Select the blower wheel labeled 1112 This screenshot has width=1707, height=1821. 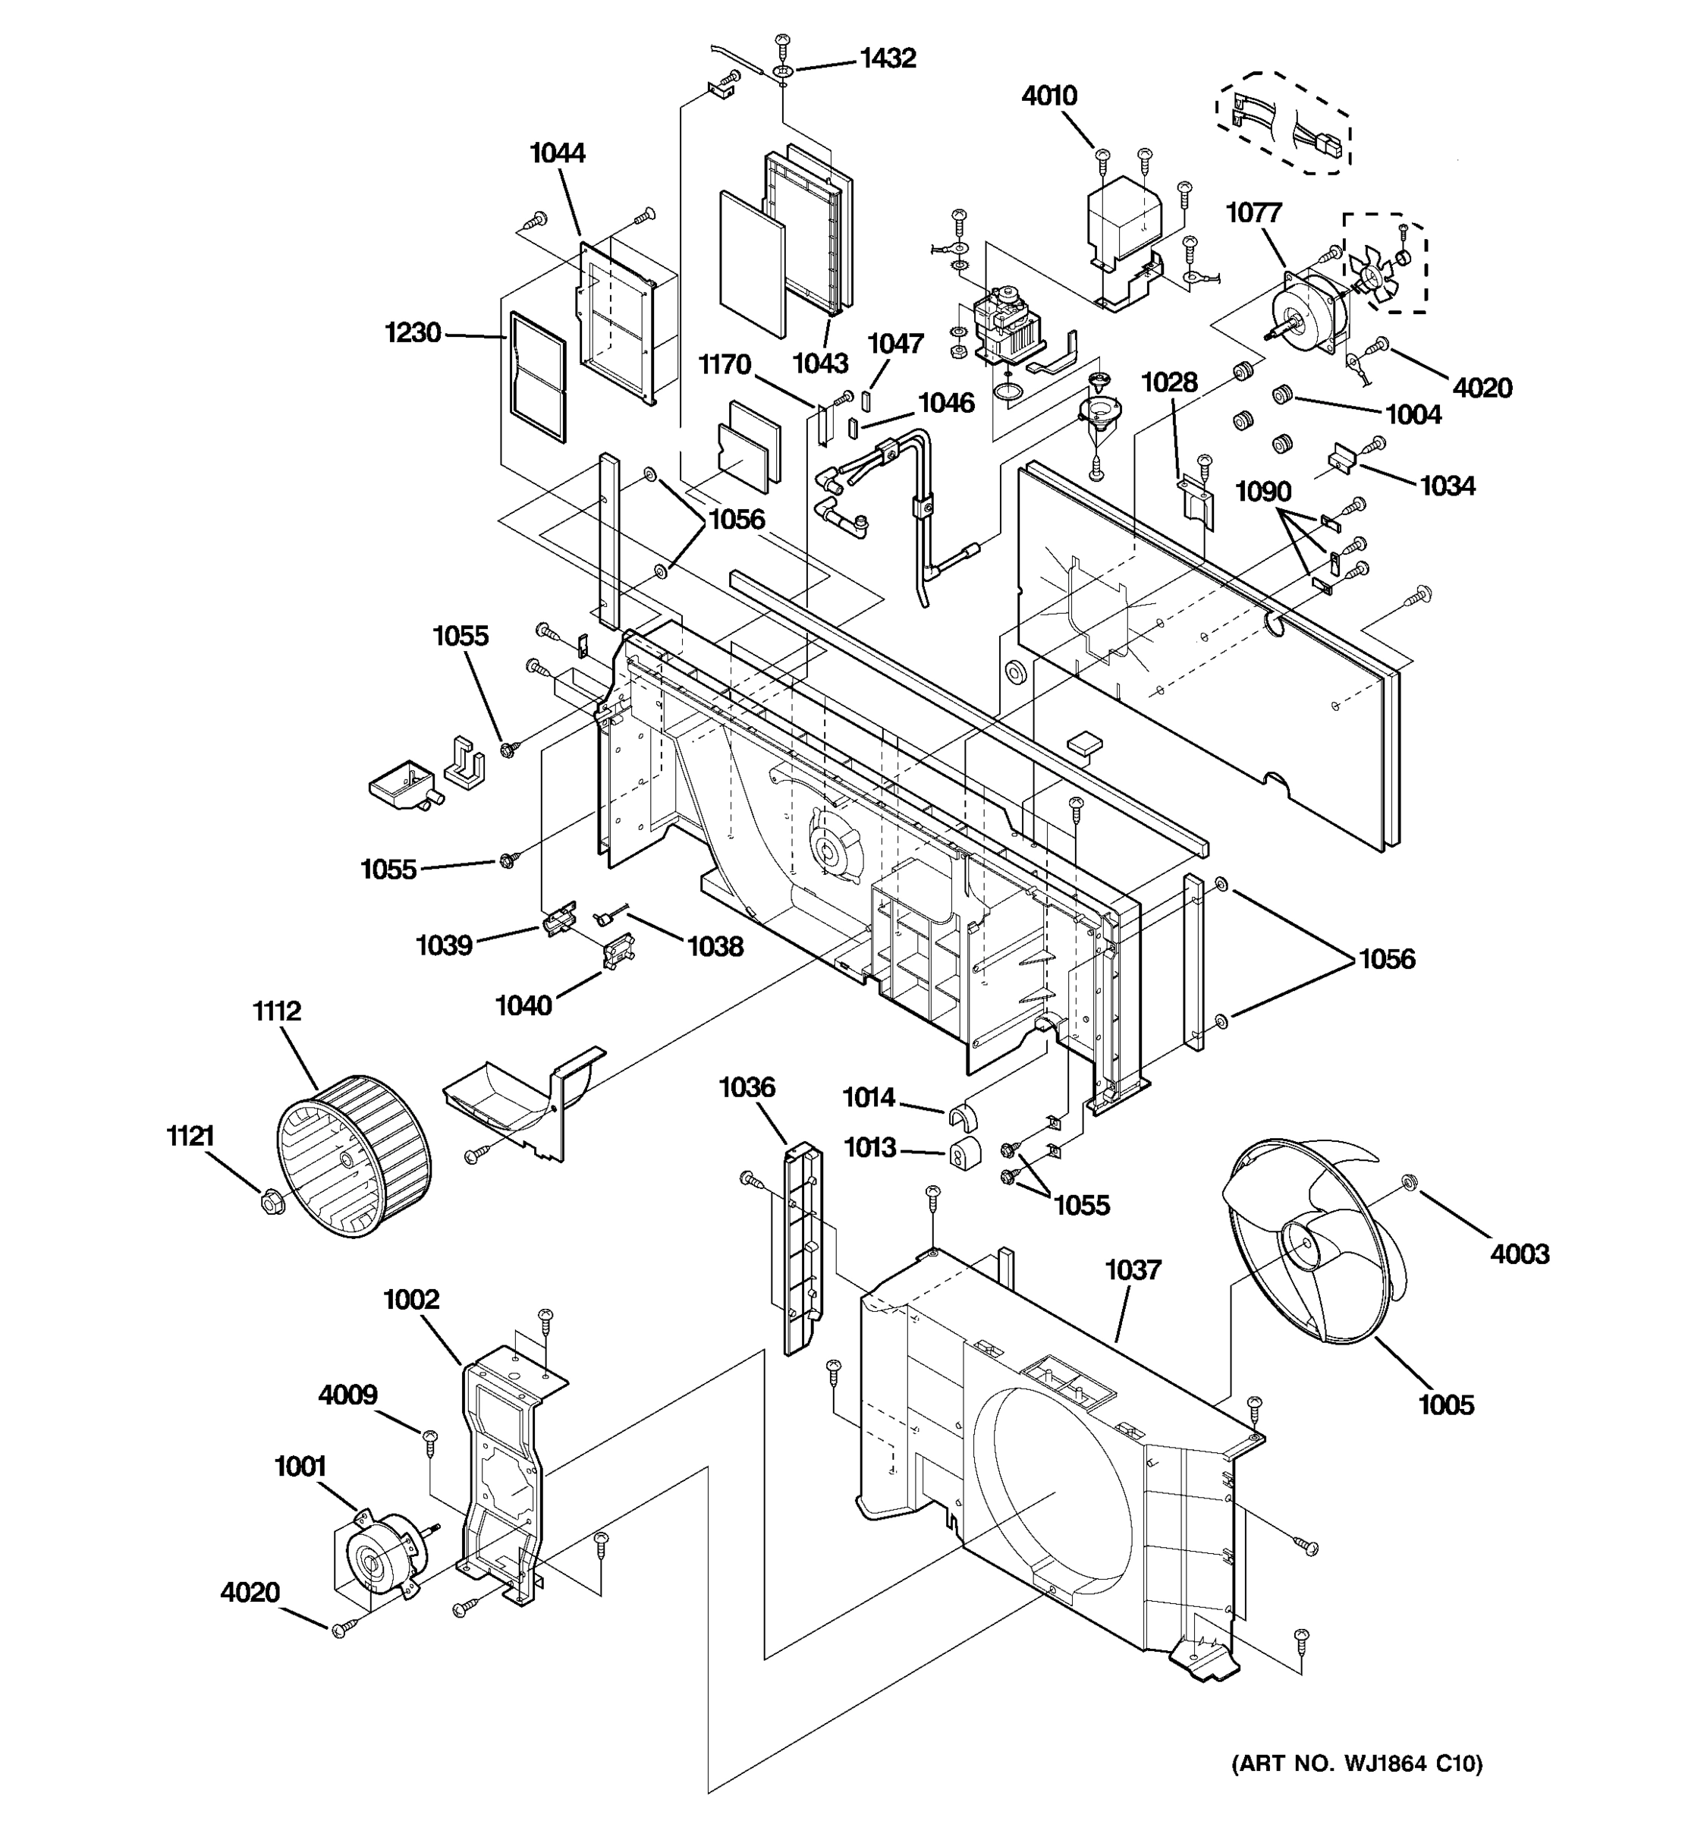click(x=354, y=1157)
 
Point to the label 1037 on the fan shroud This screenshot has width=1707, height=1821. click(x=1133, y=1270)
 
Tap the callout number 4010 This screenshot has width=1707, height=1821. click(x=1049, y=96)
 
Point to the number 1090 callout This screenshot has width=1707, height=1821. click(x=1263, y=492)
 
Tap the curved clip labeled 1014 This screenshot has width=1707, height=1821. click(x=961, y=1117)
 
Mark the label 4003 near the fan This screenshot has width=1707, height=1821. click(x=1520, y=1253)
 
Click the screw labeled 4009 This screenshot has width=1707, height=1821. click(x=429, y=1435)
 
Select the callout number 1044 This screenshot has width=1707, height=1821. click(x=558, y=153)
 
